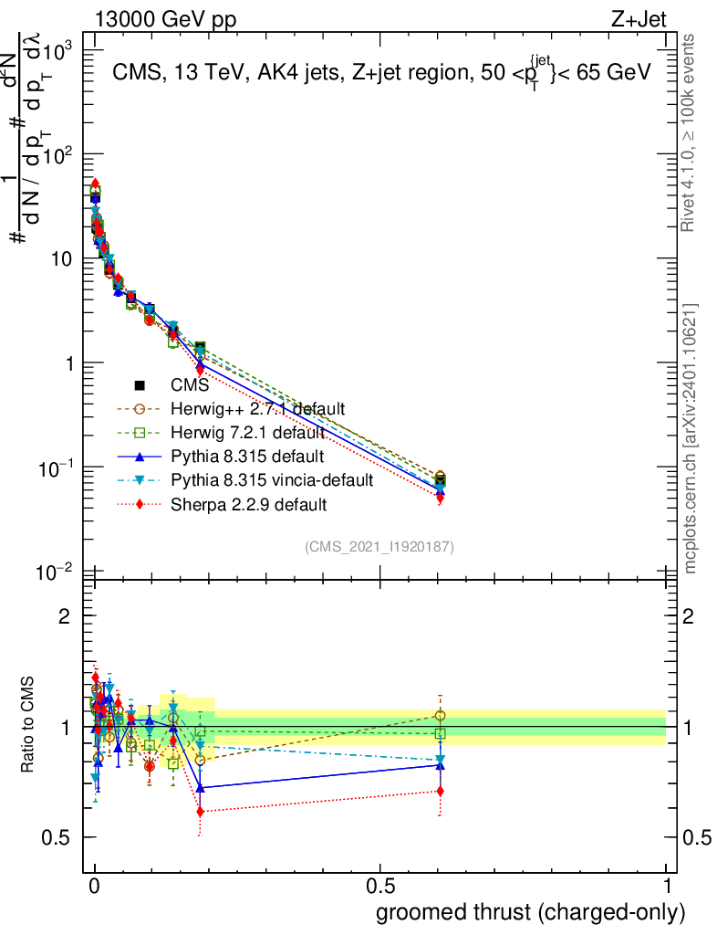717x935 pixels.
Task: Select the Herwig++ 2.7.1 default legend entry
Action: tap(258, 409)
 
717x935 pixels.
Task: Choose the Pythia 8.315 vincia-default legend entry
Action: tap(272, 480)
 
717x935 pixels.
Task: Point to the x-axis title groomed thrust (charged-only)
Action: tap(529, 912)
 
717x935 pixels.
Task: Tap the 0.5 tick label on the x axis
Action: tap(380, 887)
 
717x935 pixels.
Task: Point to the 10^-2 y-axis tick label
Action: tap(57, 573)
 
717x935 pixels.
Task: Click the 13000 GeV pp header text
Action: tap(164, 21)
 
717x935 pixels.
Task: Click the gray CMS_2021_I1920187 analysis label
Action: tap(379, 547)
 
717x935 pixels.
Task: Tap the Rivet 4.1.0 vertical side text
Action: tap(691, 131)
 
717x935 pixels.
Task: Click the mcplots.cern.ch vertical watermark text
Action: tap(691, 438)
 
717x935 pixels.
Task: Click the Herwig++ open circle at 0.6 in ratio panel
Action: tap(441, 715)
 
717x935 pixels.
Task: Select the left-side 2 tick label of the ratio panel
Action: tap(65, 616)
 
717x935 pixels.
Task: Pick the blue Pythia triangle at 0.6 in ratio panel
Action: tap(441, 764)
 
